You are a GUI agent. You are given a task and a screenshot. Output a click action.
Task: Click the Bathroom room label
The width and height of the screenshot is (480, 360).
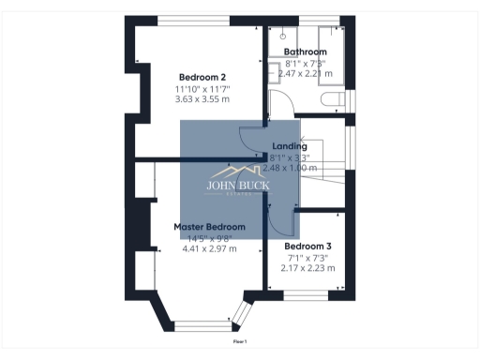click(306, 52)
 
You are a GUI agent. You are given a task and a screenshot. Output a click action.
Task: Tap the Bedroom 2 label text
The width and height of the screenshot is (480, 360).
click(202, 77)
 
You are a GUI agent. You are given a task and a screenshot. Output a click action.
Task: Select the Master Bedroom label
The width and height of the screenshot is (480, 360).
click(209, 227)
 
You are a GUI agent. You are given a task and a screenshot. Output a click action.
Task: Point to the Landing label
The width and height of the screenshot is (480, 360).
click(289, 146)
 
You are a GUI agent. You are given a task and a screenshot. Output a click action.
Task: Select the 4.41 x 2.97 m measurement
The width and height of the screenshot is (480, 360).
click(209, 248)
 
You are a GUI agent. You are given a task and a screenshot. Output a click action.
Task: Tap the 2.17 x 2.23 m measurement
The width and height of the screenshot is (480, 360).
click(307, 267)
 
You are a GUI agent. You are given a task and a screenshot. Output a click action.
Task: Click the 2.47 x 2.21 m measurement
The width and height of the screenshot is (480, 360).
click(306, 72)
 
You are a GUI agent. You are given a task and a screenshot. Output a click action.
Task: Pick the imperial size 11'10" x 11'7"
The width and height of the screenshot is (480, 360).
click(202, 88)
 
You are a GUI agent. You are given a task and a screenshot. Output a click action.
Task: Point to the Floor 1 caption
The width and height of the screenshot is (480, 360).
click(240, 341)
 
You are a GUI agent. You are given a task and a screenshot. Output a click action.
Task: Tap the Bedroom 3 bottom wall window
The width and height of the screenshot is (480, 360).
click(307, 295)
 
